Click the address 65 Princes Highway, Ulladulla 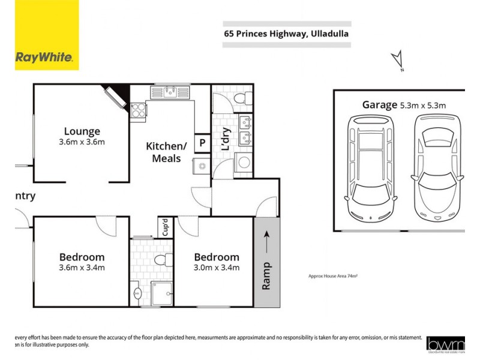(x=286, y=34)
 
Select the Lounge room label (x=82, y=131)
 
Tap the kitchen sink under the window (x=171, y=92)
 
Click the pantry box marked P (x=202, y=143)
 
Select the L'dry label (x=226, y=140)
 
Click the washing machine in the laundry (x=244, y=162)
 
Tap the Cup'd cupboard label (x=164, y=229)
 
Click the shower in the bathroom (x=161, y=293)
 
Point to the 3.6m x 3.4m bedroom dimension (x=82, y=268)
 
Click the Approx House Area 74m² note (x=332, y=277)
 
